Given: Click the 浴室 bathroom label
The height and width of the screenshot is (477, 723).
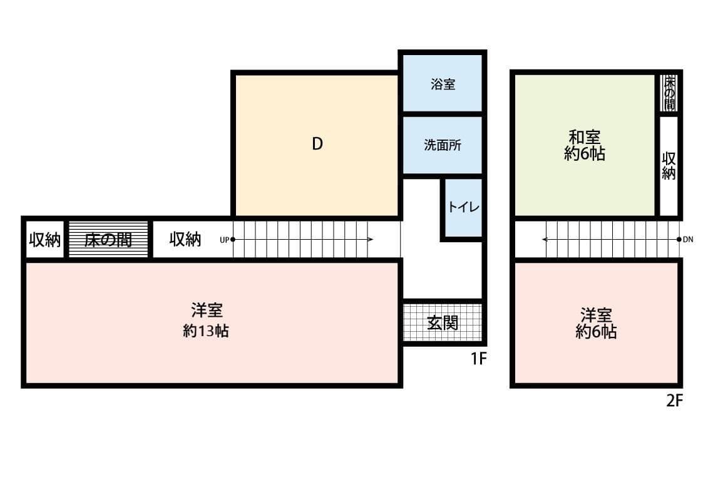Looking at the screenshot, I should click(x=443, y=85).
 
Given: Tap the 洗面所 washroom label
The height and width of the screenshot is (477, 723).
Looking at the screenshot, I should click(x=443, y=145).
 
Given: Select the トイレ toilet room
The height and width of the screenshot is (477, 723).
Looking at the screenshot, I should click(x=463, y=207).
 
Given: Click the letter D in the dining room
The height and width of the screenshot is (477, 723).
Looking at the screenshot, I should click(x=317, y=144).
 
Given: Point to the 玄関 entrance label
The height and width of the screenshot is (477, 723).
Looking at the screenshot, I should click(x=443, y=322).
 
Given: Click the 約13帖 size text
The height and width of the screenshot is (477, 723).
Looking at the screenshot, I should click(x=205, y=331).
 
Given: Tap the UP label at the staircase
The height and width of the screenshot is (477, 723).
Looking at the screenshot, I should click(x=224, y=239).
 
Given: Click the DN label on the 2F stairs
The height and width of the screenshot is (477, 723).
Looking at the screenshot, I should click(x=688, y=239).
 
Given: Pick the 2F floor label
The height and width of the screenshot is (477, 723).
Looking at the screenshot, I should click(x=674, y=401).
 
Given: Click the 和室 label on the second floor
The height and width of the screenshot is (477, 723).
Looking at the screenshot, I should click(x=584, y=136).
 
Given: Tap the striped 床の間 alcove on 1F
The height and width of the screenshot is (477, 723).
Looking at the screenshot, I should click(x=108, y=239).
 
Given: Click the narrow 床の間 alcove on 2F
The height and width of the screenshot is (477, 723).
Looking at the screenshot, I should click(x=670, y=93).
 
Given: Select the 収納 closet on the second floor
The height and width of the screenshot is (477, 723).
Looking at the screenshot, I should click(x=669, y=166).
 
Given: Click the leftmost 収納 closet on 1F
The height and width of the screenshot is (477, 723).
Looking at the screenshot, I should click(x=44, y=239).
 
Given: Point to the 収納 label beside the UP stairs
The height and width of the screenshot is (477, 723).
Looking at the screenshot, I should click(x=185, y=239).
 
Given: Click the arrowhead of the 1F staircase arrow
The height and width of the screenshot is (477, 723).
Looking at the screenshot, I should click(x=371, y=239).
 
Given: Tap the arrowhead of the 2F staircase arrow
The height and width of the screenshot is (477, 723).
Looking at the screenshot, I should click(x=545, y=239).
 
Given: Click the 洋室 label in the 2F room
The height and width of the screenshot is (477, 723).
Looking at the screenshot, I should click(x=596, y=314).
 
